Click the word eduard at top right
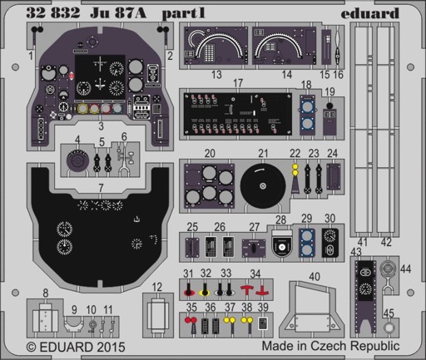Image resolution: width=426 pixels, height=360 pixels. tap(369, 13)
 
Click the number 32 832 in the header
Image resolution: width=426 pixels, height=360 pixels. tap(53, 13)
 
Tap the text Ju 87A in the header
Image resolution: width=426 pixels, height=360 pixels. tap(118, 13)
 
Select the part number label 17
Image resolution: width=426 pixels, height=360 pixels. tap(238, 83)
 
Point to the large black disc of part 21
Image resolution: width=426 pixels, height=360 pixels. tap(263, 186)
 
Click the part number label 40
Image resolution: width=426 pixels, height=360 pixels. tap(315, 276)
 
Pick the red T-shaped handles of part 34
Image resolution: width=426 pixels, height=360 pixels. tap(254, 290)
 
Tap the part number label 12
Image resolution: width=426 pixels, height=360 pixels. tap(157, 287)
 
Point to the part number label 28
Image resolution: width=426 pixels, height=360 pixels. tap(280, 219)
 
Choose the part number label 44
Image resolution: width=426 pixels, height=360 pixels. tap(405, 269)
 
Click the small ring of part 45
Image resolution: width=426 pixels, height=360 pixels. tap(389, 328)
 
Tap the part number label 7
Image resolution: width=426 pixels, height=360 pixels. tap(101, 188)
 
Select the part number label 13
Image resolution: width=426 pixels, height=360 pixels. tap(216, 74)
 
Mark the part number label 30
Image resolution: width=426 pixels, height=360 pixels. tap(329, 219)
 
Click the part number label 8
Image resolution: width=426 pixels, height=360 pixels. tap(46, 293)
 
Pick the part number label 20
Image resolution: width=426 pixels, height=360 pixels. tap(210, 153)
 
